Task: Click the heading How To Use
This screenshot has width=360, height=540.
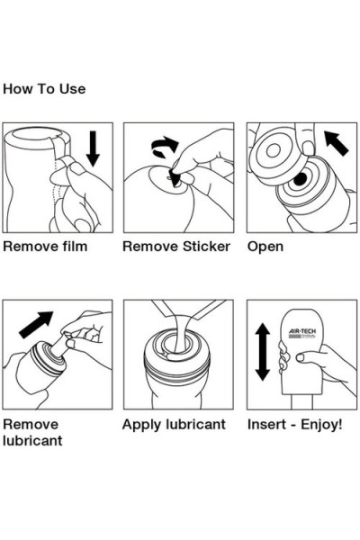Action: coord(44,89)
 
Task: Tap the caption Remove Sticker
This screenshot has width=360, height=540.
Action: coord(176,246)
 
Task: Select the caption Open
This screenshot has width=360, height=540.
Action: coord(265,246)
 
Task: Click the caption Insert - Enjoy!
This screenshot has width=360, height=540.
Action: coord(294,424)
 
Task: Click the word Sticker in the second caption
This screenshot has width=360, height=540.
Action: coord(204,246)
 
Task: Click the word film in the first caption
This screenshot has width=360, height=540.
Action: coord(73,246)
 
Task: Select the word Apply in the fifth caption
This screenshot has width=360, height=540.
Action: coord(142,424)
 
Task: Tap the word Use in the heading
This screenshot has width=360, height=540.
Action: coord(73,89)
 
